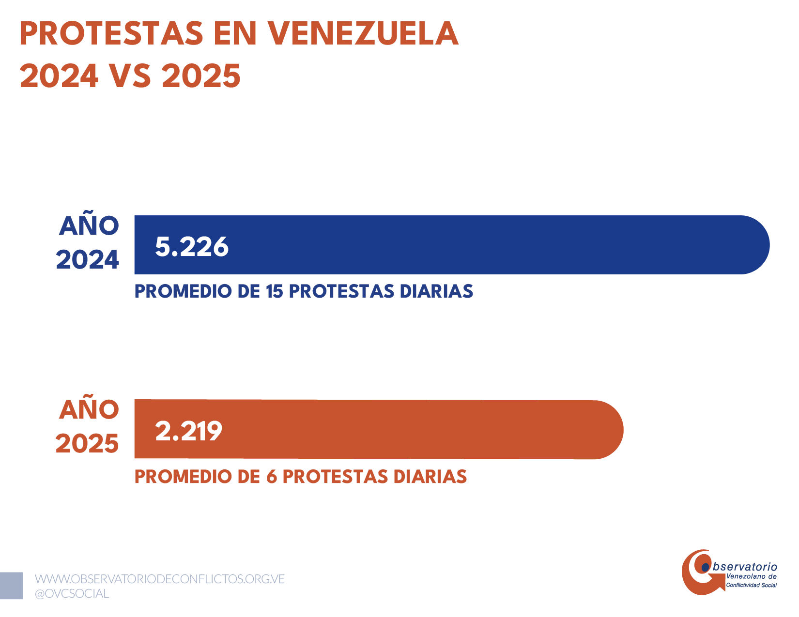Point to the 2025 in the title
(x=201, y=76)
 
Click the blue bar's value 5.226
(x=192, y=247)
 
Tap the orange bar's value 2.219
(x=188, y=431)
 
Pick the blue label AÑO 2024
(x=88, y=243)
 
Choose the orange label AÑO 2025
(x=88, y=427)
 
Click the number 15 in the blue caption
(x=274, y=291)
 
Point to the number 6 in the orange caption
(x=271, y=477)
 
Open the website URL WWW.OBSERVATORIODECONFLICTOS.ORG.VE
(x=160, y=579)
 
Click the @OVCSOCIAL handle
(x=72, y=593)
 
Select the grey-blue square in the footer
(x=11, y=586)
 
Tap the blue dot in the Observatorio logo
(x=705, y=566)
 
